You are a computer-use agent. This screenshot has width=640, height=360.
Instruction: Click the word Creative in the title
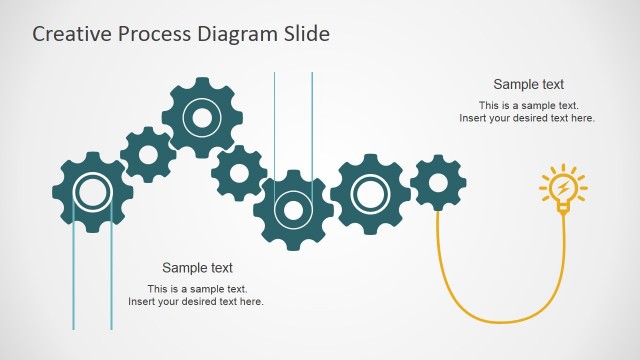point(69,34)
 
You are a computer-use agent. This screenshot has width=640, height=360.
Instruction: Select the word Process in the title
point(150,34)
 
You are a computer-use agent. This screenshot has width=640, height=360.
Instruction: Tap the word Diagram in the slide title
point(235,34)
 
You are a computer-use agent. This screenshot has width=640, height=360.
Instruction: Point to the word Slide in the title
point(304,34)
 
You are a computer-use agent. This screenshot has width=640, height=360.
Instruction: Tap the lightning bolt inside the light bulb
point(563,186)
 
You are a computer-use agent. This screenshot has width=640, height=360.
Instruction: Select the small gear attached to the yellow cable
point(437,182)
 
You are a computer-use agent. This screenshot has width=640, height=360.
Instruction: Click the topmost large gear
point(202,118)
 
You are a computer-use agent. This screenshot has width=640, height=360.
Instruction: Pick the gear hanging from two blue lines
point(293,210)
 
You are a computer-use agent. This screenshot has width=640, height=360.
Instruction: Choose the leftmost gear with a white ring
point(92,191)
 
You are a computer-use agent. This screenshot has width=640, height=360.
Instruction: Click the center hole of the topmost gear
point(202,118)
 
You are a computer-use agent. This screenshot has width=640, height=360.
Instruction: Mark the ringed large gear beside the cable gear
point(369,193)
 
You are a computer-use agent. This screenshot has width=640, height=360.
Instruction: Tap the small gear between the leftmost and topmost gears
point(149,154)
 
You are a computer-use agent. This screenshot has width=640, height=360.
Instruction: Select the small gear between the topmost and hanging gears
point(238,172)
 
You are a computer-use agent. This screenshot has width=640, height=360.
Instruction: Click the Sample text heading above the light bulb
point(528,85)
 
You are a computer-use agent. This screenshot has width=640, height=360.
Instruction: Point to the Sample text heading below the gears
point(197,268)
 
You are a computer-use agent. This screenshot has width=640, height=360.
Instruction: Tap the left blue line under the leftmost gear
point(73,280)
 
